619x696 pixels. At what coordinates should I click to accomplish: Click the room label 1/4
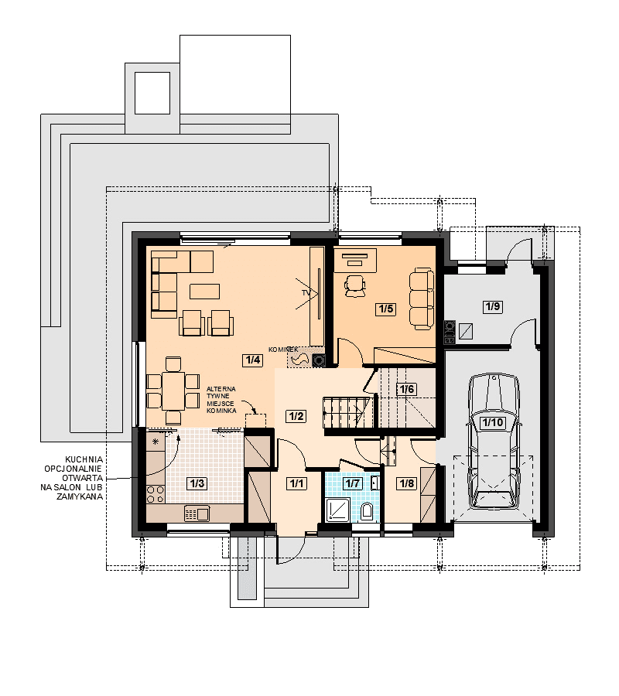pyautogui.click(x=253, y=360)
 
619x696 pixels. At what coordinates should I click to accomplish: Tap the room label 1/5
pyautogui.click(x=386, y=309)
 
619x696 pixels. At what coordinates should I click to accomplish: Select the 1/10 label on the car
pyautogui.click(x=493, y=422)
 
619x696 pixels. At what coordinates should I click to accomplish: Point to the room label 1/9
pyautogui.click(x=493, y=306)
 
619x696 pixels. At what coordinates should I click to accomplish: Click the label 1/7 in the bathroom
pyautogui.click(x=353, y=483)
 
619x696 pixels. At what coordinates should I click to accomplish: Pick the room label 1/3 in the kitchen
pyautogui.click(x=197, y=483)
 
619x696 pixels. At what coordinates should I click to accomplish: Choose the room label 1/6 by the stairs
pyautogui.click(x=407, y=390)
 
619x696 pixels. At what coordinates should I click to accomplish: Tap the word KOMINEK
pyautogui.click(x=283, y=350)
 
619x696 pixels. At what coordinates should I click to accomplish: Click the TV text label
pyautogui.click(x=306, y=293)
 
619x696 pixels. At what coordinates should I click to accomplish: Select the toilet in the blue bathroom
pyautogui.click(x=367, y=511)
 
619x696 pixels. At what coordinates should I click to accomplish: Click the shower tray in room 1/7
pyautogui.click(x=338, y=509)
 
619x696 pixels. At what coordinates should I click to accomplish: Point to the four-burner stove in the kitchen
pyautogui.click(x=156, y=494)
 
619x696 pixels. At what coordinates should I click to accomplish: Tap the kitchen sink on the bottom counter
pyautogui.click(x=197, y=514)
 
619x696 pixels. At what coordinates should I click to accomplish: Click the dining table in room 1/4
pyautogui.click(x=173, y=391)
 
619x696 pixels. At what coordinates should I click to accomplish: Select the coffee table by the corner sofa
pyautogui.click(x=205, y=292)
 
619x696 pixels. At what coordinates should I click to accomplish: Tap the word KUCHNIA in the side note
pyautogui.click(x=84, y=459)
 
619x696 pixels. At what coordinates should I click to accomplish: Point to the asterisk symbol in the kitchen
pyautogui.click(x=156, y=442)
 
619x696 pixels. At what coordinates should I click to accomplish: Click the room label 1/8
pyautogui.click(x=407, y=483)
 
